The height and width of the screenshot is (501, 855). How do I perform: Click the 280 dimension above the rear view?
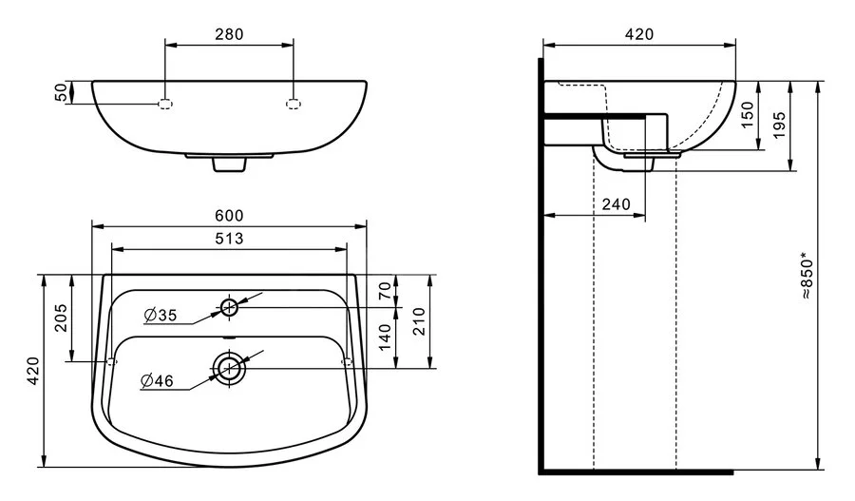coord(229,34)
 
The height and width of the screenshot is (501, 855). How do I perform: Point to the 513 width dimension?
coord(229,239)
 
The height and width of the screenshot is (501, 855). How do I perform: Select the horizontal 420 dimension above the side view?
coord(638,34)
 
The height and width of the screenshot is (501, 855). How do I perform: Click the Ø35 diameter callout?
coord(161,315)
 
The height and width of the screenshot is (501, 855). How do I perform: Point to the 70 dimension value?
coord(384,291)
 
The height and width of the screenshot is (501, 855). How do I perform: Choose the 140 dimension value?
coord(384,336)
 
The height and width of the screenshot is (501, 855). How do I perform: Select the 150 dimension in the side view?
coord(747,115)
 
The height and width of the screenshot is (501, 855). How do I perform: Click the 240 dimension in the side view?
coord(617,204)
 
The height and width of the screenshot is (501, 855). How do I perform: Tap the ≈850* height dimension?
coord(806,276)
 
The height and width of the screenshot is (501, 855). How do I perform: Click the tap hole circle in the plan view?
coord(229,306)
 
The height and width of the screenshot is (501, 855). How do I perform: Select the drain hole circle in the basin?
coord(228,367)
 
